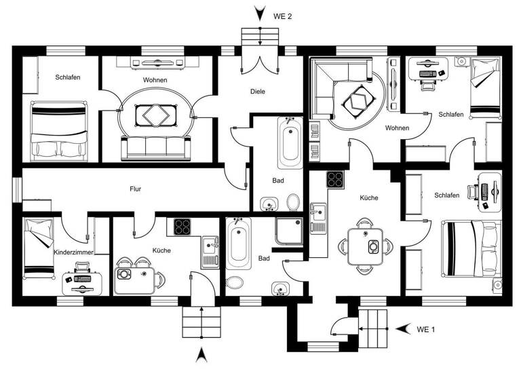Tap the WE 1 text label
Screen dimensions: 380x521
coord(425,329)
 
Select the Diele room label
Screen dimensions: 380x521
coord(257,92)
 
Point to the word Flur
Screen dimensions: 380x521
coord(136,189)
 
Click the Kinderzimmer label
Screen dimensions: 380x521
coord(73,252)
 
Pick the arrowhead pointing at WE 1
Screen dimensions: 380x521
coord(402,329)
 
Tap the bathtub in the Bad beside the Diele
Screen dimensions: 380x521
coord(290,143)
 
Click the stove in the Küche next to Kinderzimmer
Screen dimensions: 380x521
coord(182,227)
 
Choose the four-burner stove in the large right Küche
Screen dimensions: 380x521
coord(335,179)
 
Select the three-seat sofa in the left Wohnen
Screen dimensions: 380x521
coord(155,146)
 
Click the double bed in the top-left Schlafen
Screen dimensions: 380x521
coord(59,130)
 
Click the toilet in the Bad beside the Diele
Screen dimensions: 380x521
coord(294,202)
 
